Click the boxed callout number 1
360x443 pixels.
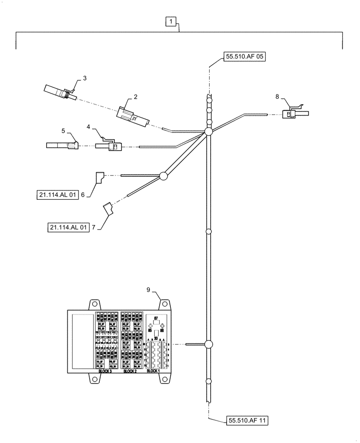(171, 21)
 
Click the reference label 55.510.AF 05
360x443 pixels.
(243, 57)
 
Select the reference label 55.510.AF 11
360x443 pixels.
(248, 420)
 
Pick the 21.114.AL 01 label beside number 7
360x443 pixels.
(68, 227)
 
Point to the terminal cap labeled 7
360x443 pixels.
(108, 209)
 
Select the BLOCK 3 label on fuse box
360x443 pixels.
(105, 371)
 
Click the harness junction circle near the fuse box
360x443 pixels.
(208, 344)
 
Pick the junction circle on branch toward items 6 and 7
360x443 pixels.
(163, 176)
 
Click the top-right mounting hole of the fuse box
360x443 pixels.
(164, 304)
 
